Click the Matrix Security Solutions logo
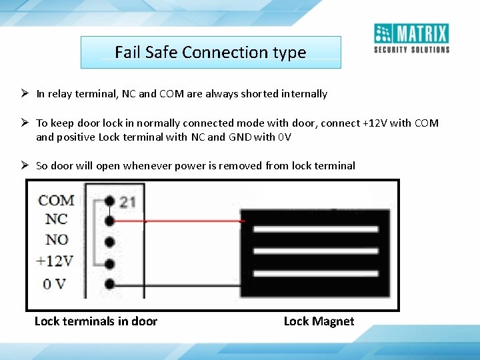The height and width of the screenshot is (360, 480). click(x=411, y=38)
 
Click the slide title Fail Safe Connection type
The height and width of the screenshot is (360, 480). click(x=211, y=52)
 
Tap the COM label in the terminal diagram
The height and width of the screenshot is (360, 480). click(x=56, y=200)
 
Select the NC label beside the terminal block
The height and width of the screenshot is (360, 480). click(x=56, y=219)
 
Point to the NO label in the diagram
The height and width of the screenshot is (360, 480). click(x=57, y=239)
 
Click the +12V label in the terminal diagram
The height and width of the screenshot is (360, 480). click(x=55, y=261)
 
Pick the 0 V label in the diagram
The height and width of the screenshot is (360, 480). click(x=54, y=283)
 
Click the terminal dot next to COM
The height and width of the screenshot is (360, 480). click(x=108, y=200)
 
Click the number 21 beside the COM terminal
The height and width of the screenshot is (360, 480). click(x=127, y=201)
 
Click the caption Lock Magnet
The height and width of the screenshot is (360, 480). click(x=319, y=321)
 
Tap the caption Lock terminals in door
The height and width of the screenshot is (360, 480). click(x=95, y=321)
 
